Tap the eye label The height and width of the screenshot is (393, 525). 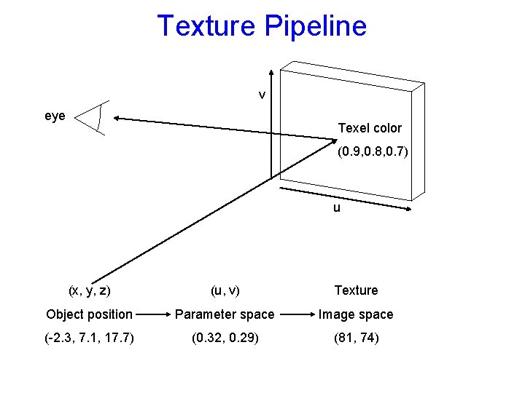point(55,116)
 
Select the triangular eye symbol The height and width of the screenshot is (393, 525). point(93,119)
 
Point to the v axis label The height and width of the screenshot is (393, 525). point(262,95)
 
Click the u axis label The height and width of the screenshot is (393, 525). point(336,207)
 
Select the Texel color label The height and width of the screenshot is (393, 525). point(370,128)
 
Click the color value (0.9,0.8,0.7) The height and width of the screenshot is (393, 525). point(373,153)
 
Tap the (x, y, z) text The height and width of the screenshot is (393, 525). point(89,290)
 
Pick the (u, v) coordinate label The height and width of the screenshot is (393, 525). point(224,290)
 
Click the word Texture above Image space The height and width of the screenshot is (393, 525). point(356,290)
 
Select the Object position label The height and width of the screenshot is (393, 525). point(89,314)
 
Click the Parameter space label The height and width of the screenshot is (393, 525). point(224,314)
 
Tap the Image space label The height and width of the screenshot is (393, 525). point(356,314)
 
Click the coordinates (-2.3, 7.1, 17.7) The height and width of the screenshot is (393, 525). point(89,338)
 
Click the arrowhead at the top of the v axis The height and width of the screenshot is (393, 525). point(271,73)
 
